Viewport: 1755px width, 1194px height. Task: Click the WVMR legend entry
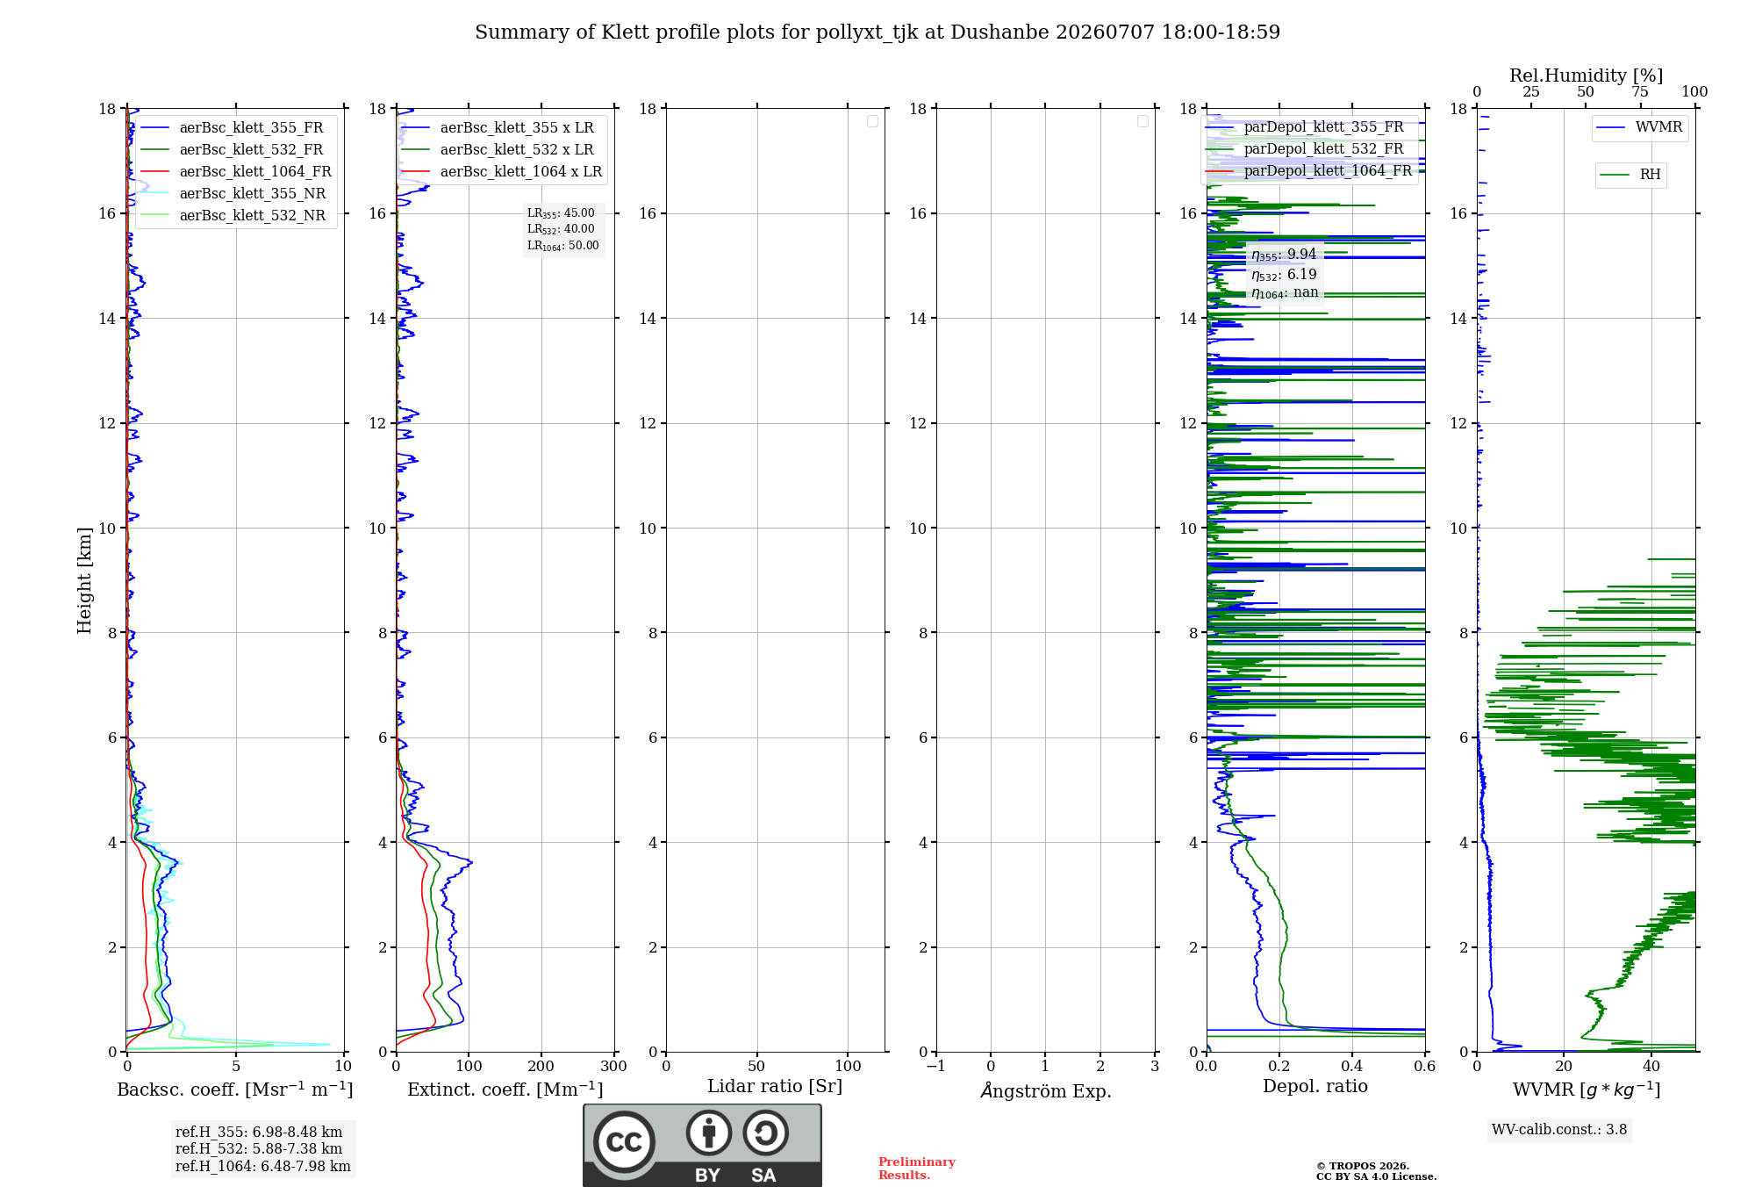pyautogui.click(x=1639, y=127)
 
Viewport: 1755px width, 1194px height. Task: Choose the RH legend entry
pyautogui.click(x=1630, y=175)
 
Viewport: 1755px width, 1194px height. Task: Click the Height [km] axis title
pyautogui.click(x=84, y=580)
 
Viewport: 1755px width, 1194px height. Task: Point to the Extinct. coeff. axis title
pyautogui.click(x=505, y=1090)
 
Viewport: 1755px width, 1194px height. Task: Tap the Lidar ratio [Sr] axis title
pyautogui.click(x=775, y=1086)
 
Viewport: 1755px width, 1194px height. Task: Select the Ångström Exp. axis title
pyautogui.click(x=1046, y=1090)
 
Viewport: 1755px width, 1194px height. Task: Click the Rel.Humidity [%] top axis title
pyautogui.click(x=1587, y=76)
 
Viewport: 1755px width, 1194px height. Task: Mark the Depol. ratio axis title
pyautogui.click(x=1315, y=1086)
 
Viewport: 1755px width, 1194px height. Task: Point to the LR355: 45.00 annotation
pyautogui.click(x=561, y=213)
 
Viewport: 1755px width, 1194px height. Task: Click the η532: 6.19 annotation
pyautogui.click(x=1284, y=275)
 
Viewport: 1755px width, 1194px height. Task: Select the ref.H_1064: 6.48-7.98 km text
pyautogui.click(x=263, y=1167)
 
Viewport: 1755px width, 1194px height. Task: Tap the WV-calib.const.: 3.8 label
pyautogui.click(x=1559, y=1130)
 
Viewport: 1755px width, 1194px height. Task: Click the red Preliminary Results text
pyautogui.click(x=917, y=1169)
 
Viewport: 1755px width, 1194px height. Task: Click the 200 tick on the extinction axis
pyautogui.click(x=541, y=1066)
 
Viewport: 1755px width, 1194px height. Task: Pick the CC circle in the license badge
pyautogui.click(x=624, y=1142)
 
